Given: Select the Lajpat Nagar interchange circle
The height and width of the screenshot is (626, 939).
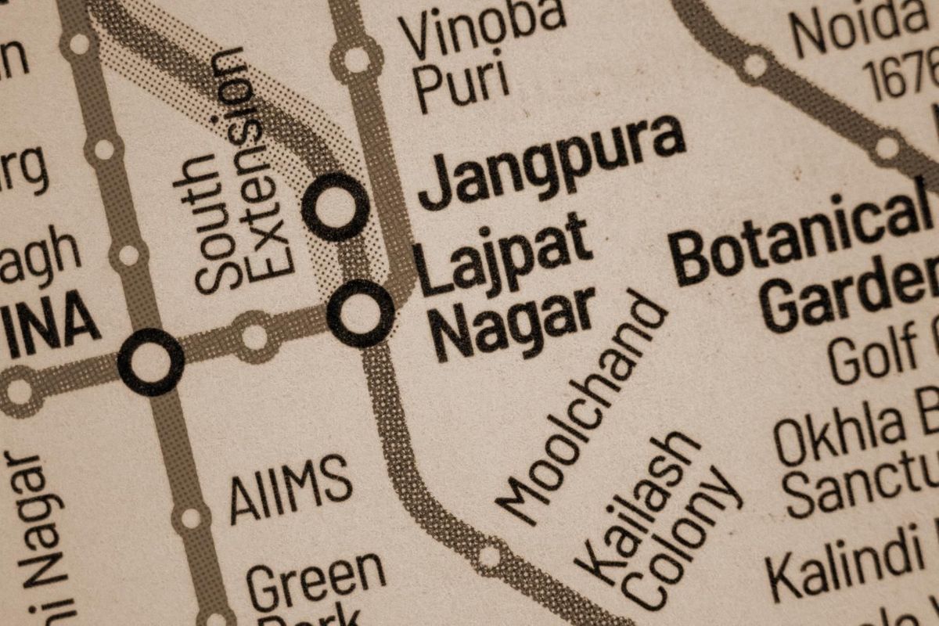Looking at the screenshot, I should click(x=360, y=313).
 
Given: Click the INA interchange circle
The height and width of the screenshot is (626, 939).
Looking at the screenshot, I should click(x=151, y=362).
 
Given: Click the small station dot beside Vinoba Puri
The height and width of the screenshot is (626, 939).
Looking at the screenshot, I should click(x=357, y=59).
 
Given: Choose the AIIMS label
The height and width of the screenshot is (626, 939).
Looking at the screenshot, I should click(x=290, y=488).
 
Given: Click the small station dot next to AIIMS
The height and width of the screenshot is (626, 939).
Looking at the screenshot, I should click(x=191, y=517).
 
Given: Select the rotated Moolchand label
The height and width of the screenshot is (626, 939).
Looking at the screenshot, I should click(x=584, y=408).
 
